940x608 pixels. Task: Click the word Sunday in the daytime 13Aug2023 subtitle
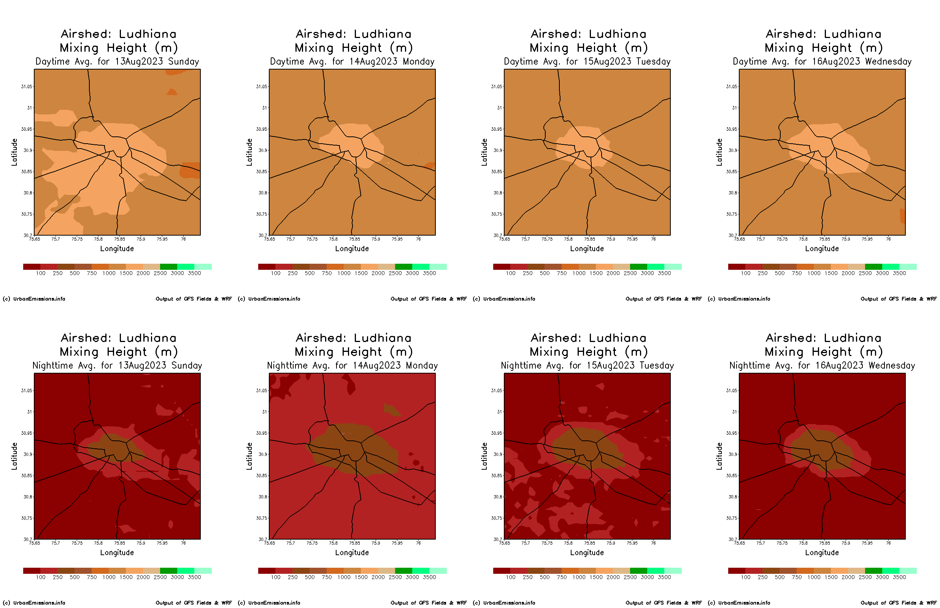point(183,62)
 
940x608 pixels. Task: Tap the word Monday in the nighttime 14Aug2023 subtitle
point(421,366)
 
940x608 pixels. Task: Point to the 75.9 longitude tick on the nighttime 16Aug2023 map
point(846,543)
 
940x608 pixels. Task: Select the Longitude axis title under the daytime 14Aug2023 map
point(351,249)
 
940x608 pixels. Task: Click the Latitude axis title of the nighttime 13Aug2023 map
point(14,456)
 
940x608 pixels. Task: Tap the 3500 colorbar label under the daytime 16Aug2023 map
point(899,273)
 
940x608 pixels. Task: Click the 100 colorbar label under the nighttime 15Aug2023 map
point(510,577)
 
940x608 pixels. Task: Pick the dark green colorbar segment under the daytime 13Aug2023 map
point(169,267)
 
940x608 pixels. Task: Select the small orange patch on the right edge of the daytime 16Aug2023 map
point(902,215)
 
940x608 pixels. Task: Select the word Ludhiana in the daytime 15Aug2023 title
point(617,34)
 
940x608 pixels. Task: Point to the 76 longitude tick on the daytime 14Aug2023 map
point(418,239)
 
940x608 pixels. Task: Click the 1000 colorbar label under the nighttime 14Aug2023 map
point(344,577)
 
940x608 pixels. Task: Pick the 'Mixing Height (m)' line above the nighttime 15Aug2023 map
point(589,352)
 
